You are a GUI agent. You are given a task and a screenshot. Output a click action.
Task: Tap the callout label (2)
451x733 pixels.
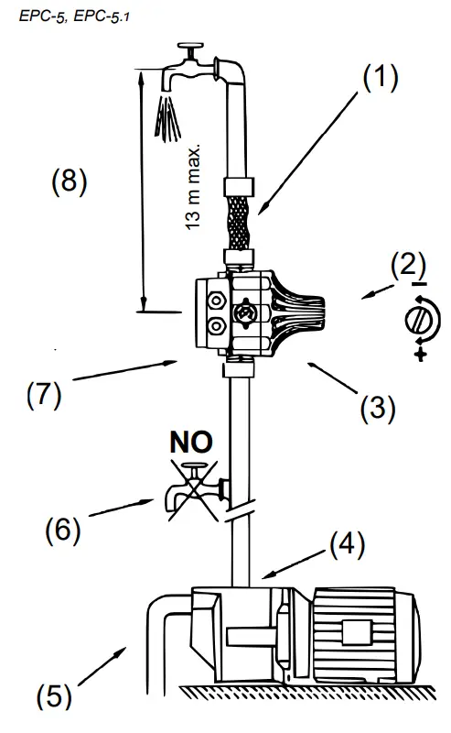coord(408,266)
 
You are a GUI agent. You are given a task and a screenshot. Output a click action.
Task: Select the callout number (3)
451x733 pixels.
coord(377,405)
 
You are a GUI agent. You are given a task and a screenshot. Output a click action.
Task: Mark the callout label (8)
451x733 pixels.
coord(68,181)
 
